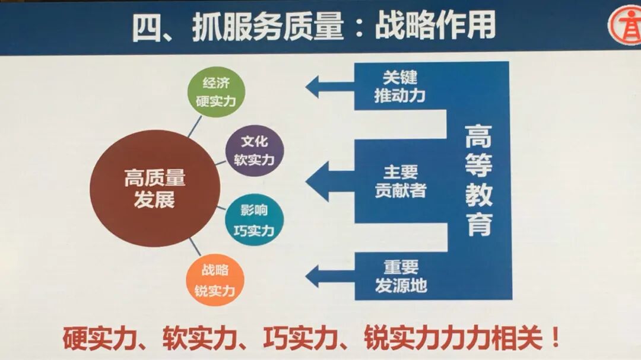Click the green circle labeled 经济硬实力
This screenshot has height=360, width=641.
point(215,91)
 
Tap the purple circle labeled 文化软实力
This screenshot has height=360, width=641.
point(255,151)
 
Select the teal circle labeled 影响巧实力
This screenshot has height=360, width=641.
point(255,220)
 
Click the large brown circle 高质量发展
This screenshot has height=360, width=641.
point(155,189)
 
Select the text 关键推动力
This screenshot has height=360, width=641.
point(399,87)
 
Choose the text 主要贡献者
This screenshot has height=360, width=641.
point(400,181)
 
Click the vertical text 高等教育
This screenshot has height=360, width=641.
point(478,180)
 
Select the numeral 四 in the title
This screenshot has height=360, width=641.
point(147,28)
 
